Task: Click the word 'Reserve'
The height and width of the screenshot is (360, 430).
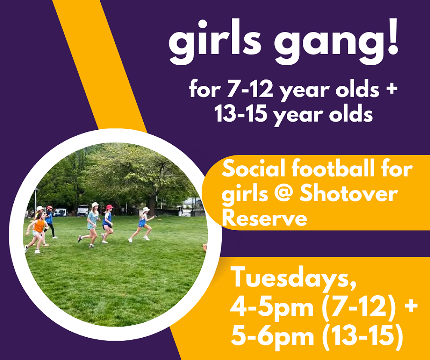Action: pos(264,218)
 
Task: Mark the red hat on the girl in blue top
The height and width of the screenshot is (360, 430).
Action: pos(109,207)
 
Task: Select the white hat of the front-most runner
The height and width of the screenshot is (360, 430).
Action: pos(146,209)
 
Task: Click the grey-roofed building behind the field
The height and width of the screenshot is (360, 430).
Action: pos(192,203)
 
